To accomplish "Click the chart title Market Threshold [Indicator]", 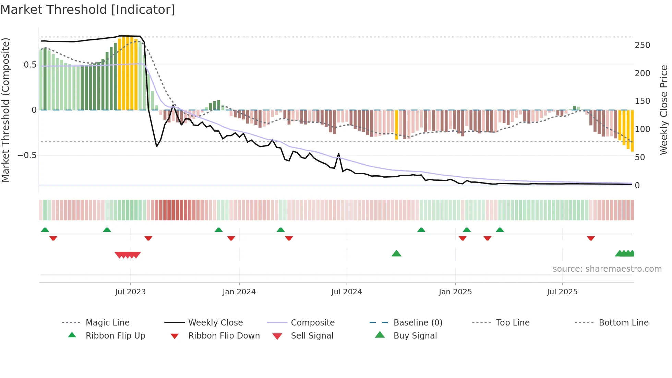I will pos(88,10).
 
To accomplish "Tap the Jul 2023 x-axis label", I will pos(130,292).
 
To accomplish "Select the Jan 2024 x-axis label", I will pos(239,292).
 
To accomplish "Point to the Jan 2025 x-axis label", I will pos(455,292).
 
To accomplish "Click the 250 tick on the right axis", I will pos(642,45).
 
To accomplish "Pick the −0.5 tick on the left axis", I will pos(27,155).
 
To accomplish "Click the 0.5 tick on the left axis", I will pos(30,65).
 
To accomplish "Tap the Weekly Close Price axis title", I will pos(664,110).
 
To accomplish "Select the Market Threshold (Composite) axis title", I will pos(5,110).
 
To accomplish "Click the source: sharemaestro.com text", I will pos(607,269).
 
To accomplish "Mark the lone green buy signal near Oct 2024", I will pos(396,253).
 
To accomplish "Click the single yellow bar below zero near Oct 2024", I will pos(396,125).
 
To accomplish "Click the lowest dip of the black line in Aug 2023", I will pos(157,146).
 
